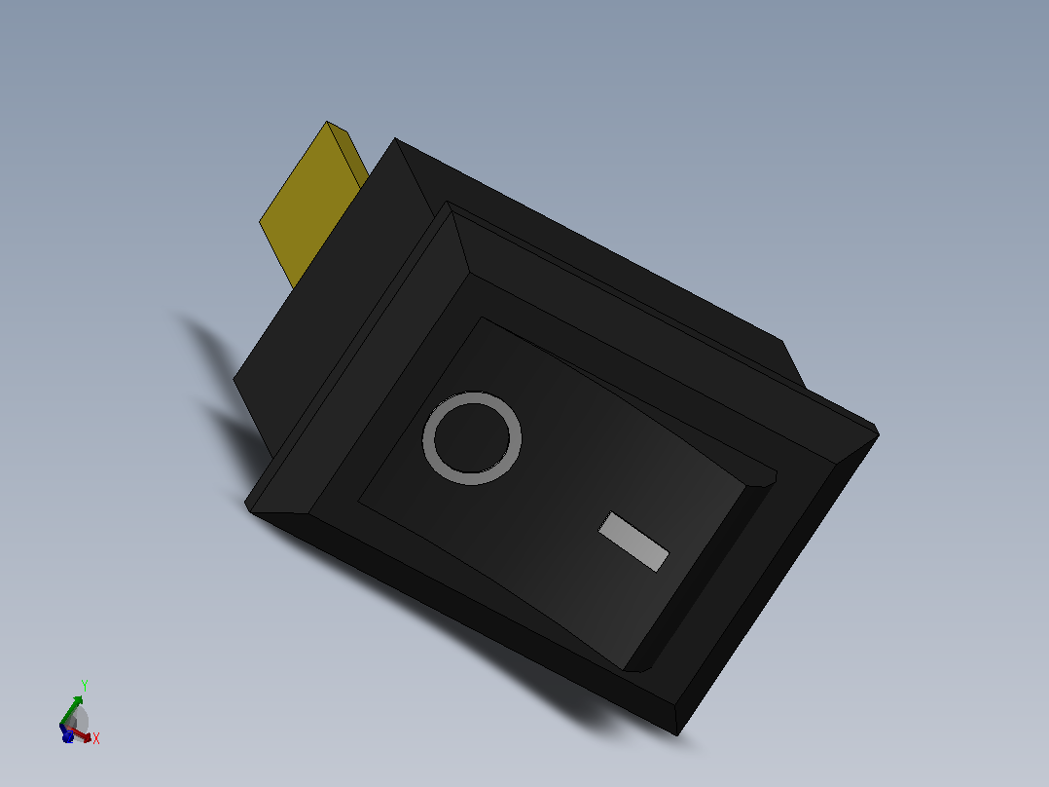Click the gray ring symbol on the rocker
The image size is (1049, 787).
tap(428, 438)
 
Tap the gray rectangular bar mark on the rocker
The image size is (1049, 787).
tap(633, 542)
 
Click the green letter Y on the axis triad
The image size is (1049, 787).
tap(85, 685)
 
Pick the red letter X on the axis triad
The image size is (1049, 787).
tap(96, 738)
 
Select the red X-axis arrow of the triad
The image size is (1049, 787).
tap(79, 734)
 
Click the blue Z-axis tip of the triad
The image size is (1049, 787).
tap(67, 736)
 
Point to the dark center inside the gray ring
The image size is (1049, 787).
tap(471, 438)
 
